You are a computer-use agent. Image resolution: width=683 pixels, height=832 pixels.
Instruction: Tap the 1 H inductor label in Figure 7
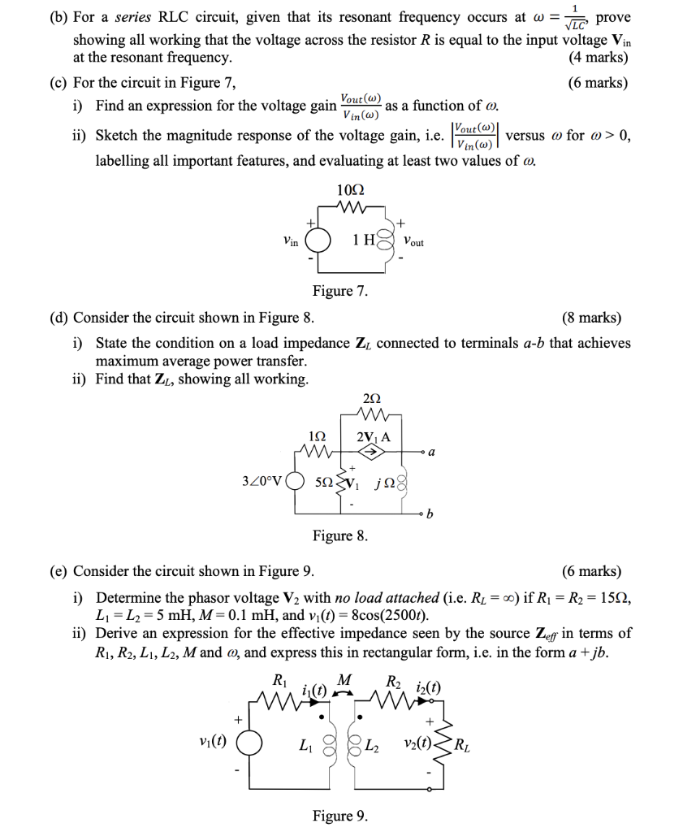click(x=362, y=241)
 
